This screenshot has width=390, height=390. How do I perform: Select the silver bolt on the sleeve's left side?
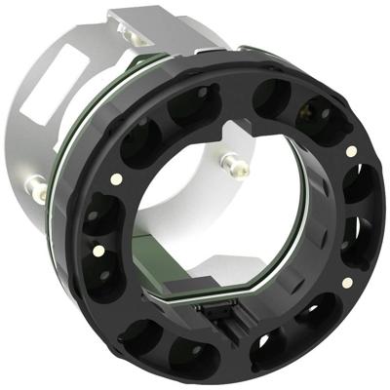[x=35, y=183]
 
